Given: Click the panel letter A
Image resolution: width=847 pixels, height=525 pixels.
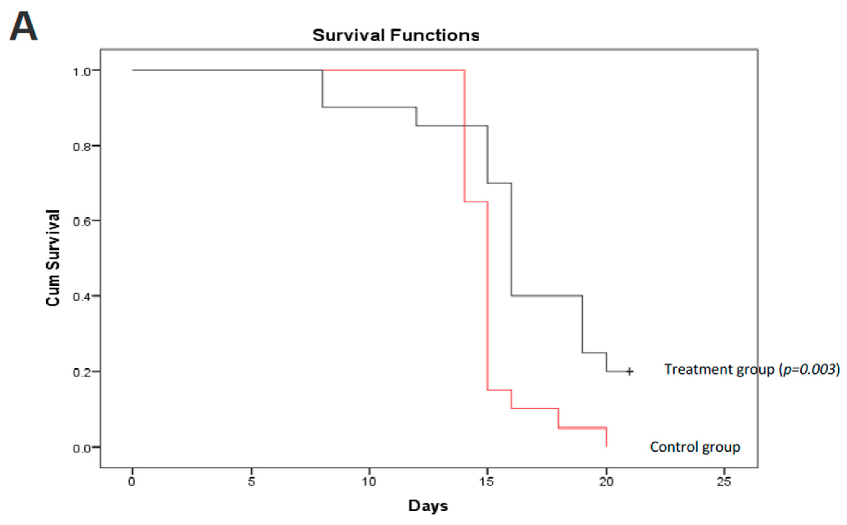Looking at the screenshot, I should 23,26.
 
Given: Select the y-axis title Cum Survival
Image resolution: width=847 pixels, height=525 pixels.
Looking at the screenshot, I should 53,258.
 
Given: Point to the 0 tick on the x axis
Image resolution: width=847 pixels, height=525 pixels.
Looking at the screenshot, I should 132,481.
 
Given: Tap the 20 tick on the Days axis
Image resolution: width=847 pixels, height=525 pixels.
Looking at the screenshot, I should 606,481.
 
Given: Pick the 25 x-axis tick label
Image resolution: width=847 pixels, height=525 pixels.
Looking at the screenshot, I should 724,481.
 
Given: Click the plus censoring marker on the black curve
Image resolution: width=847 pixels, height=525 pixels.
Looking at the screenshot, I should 629,371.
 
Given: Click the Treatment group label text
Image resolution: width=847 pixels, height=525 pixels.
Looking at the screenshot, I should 719,369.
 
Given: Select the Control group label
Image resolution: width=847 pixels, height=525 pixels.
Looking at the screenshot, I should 695,447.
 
